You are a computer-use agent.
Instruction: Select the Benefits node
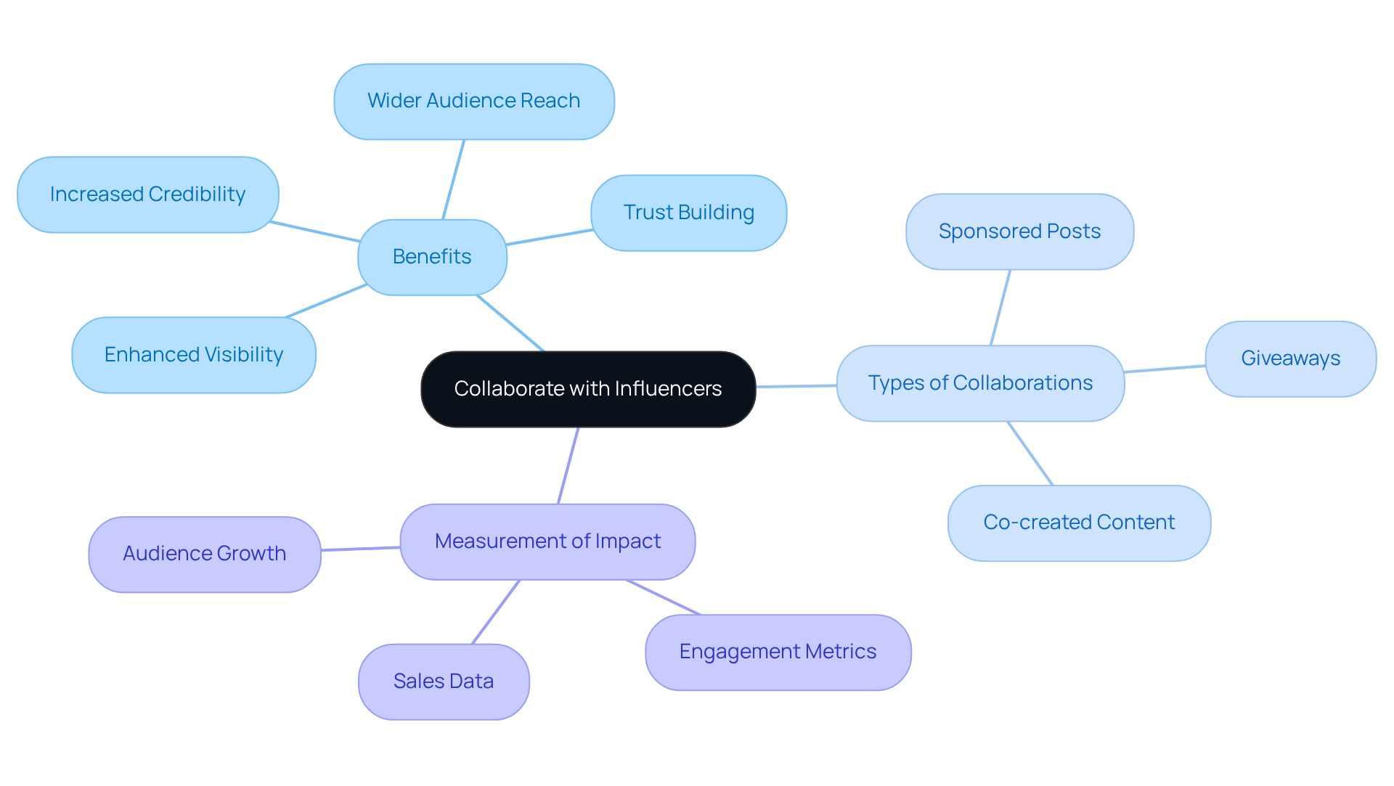432,257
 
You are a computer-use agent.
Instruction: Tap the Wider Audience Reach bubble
473,101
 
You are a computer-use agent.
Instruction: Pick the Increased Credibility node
147,195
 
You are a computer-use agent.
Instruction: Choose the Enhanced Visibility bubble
194,355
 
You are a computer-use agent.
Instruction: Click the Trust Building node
688,213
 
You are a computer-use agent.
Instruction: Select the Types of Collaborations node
980,383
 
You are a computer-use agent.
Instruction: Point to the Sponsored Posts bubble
1019,232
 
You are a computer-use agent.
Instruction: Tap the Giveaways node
1290,359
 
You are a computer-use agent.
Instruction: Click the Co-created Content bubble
1079,523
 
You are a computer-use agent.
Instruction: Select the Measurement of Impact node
547,541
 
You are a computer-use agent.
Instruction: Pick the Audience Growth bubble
204,554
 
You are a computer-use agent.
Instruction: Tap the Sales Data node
443,681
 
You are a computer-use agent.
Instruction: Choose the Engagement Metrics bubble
778,652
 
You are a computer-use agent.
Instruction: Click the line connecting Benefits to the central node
510,323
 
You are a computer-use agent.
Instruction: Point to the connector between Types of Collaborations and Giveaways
1165,369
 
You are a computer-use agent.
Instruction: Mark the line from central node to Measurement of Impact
568,465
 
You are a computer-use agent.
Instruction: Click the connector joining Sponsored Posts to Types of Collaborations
1000,307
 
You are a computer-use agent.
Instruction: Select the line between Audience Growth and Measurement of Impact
360,549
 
